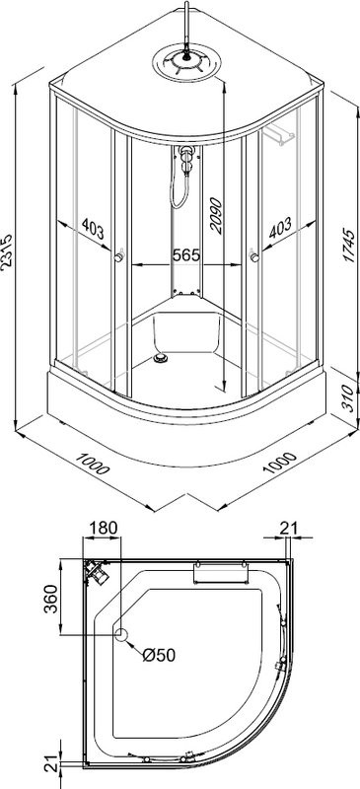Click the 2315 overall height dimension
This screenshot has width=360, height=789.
pyautogui.click(x=7, y=252)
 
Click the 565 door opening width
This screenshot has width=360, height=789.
pyautogui.click(x=186, y=255)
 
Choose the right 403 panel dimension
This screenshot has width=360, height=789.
pyautogui.click(x=280, y=227)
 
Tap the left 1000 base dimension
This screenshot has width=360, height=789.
pyautogui.click(x=92, y=463)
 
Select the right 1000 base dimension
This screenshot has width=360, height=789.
pyautogui.click(x=279, y=464)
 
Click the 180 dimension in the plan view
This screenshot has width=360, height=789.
pyautogui.click(x=104, y=528)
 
